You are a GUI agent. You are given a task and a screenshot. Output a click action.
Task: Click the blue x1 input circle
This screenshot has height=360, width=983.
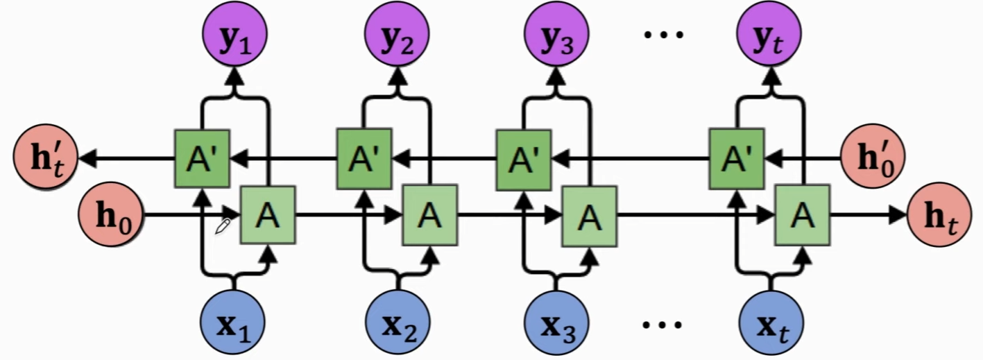[234, 324]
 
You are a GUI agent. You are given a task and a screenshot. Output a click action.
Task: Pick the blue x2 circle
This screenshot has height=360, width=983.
[398, 324]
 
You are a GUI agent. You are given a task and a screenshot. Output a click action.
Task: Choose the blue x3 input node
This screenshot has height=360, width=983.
[556, 324]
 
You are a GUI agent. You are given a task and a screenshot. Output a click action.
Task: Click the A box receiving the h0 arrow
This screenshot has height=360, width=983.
[268, 216]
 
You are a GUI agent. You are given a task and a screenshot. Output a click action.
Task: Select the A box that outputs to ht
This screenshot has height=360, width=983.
[803, 216]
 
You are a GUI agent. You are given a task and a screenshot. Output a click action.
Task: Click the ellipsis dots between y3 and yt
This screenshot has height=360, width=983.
[664, 33]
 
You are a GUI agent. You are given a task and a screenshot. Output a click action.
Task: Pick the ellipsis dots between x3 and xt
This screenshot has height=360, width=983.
[664, 323]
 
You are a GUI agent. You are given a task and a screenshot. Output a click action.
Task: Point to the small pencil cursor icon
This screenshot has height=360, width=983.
[223, 226]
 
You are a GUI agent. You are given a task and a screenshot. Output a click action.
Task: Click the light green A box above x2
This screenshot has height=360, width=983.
[430, 216]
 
